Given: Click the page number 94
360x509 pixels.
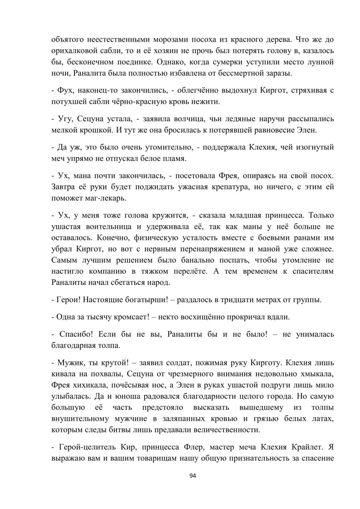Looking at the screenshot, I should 192,476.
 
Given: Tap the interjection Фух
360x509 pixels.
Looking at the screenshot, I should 66,90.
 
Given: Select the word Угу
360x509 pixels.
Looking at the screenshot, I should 67,118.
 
